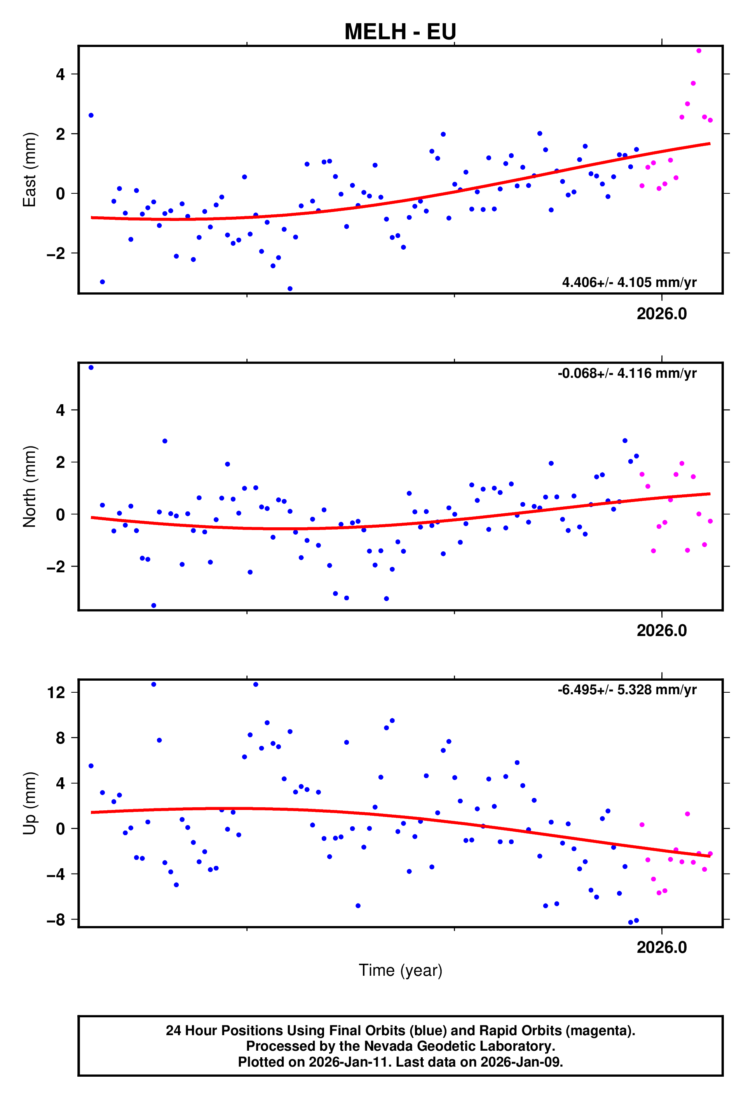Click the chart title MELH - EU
click(x=400, y=32)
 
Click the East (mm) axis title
click(x=30, y=169)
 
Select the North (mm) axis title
click(x=30, y=486)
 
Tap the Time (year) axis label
click(x=400, y=970)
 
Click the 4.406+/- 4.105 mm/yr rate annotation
click(x=629, y=283)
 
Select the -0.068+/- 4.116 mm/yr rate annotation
click(x=627, y=374)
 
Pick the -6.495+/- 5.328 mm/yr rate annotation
click(x=627, y=690)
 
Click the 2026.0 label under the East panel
click(x=661, y=314)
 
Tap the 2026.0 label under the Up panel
click(x=661, y=947)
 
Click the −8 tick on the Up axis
click(x=56, y=920)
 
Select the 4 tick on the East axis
click(x=60, y=74)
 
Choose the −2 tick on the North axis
click(x=56, y=567)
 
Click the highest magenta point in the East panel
click(x=699, y=50)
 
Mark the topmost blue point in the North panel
click(x=91, y=368)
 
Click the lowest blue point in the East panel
click(x=290, y=289)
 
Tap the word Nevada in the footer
click(x=370, y=1046)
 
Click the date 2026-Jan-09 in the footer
click(x=521, y=1062)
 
